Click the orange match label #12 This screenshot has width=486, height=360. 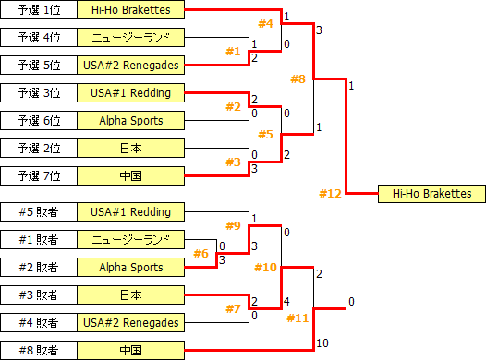pyautogui.click(x=330, y=194)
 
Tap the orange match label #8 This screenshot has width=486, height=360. pyautogui.click(x=298, y=79)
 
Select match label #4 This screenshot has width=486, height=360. pyautogui.click(x=265, y=23)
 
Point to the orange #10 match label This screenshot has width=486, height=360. pyautogui.click(x=265, y=267)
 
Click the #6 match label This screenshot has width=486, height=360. pyautogui.click(x=200, y=254)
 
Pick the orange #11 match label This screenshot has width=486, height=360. pyautogui.click(x=298, y=318)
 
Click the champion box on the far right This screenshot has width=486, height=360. pyautogui.click(x=431, y=194)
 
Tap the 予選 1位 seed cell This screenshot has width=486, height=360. pyautogui.click(x=39, y=10)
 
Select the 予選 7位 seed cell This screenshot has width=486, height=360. pyautogui.click(x=39, y=176)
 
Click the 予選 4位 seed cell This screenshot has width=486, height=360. pyautogui.click(x=39, y=38)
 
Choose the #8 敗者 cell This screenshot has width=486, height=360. pyautogui.click(x=39, y=351)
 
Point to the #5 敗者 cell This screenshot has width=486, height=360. pyautogui.click(x=39, y=212)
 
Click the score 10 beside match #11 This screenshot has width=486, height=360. pyautogui.click(x=322, y=343)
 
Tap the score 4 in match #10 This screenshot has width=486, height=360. pyautogui.click(x=286, y=302)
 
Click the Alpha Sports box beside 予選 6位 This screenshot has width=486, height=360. pyautogui.click(x=131, y=121)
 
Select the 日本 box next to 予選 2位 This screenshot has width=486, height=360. pyautogui.click(x=131, y=149)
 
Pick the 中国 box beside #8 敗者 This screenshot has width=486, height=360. pyautogui.click(x=131, y=351)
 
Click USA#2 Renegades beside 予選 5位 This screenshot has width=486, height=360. pyautogui.click(x=131, y=66)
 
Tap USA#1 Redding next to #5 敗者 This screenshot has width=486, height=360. pyautogui.click(x=131, y=212)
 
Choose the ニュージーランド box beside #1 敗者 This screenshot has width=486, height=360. pyautogui.click(x=131, y=240)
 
